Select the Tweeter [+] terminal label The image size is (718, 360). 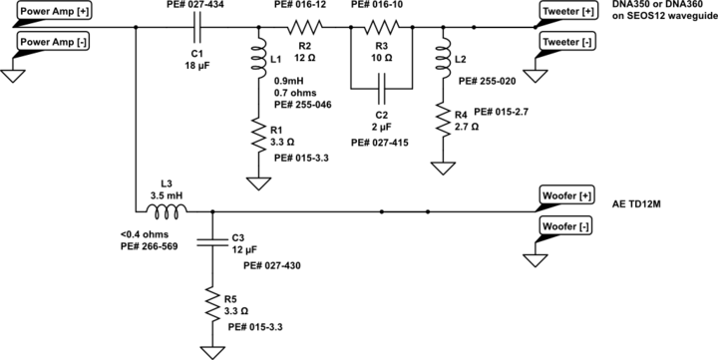point(568,12)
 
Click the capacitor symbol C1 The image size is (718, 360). point(197,28)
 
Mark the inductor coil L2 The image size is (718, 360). point(440,62)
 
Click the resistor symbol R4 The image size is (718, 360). point(440,123)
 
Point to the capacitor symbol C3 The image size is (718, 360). point(211,241)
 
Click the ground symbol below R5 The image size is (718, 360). point(211,350)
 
